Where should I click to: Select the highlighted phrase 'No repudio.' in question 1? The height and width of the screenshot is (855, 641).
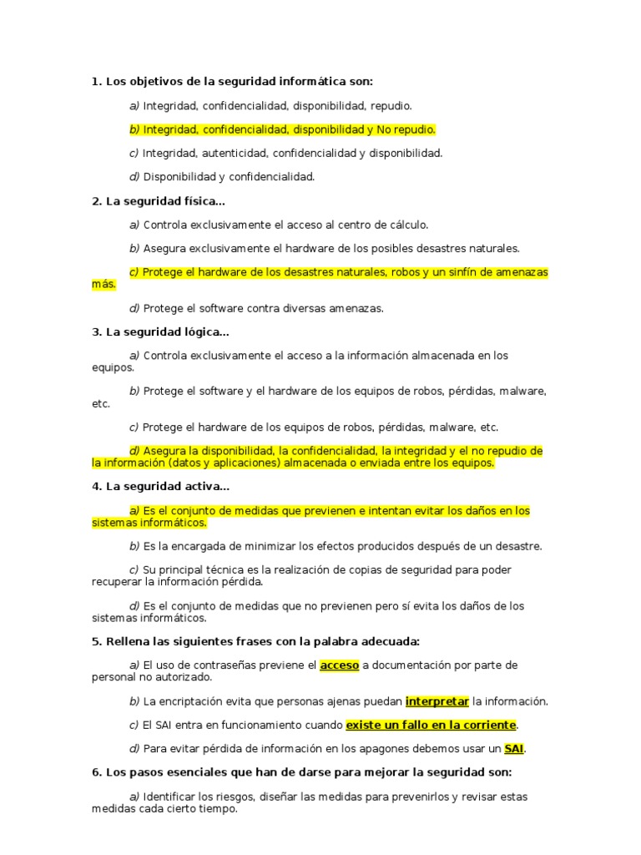pyautogui.click(x=406, y=129)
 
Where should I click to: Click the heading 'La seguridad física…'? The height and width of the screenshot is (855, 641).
pyautogui.click(x=165, y=201)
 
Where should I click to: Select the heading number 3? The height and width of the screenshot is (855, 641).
pyautogui.click(x=96, y=332)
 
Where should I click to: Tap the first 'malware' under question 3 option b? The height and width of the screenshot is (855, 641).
pyautogui.click(x=523, y=391)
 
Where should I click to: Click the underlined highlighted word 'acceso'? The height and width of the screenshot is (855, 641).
pyautogui.click(x=339, y=665)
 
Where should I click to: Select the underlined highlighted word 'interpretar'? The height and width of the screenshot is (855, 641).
pyautogui.click(x=437, y=701)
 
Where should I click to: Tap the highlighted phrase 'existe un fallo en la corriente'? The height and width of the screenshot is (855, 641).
pyautogui.click(x=431, y=725)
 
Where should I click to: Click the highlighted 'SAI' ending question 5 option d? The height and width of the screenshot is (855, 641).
pyautogui.click(x=513, y=748)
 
